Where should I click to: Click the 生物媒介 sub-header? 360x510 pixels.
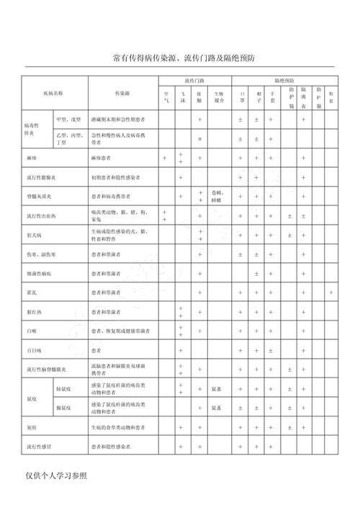pos(219,98)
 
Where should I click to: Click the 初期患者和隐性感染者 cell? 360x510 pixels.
pos(116,176)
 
